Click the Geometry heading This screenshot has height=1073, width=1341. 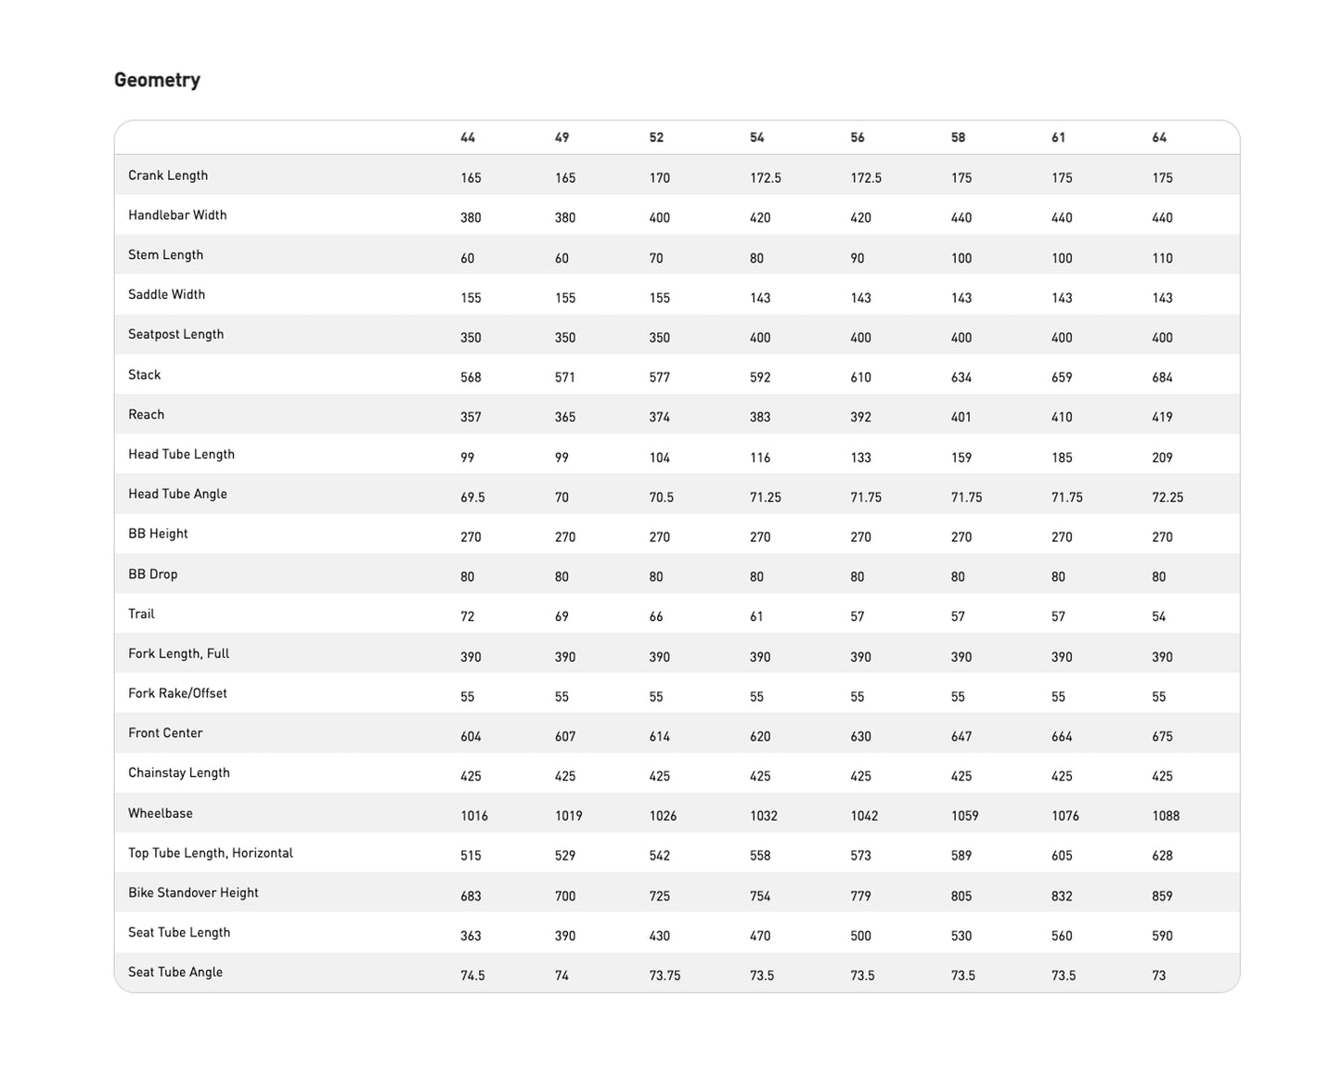point(157,80)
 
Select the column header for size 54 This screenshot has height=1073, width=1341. point(757,137)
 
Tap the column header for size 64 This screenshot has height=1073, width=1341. point(1159,137)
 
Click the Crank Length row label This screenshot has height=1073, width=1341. point(168,175)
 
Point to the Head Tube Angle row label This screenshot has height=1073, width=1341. point(177,494)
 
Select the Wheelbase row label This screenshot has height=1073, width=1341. point(161,813)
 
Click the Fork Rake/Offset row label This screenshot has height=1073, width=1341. point(177,693)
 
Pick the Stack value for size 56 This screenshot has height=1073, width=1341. point(860,378)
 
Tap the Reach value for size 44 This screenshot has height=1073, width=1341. point(471,418)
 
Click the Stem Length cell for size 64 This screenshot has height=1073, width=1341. point(1162,258)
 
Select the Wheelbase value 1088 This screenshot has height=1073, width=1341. point(1166,816)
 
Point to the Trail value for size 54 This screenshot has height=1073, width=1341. point(756,616)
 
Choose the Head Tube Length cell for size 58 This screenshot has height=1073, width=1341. point(961,458)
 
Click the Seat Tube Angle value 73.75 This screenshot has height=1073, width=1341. point(664,976)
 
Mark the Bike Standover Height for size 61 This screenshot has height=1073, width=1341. point(1062,896)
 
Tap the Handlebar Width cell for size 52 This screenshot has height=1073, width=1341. point(659,218)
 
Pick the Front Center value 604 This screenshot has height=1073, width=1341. point(471,736)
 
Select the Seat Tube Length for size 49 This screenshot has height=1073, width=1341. point(565,936)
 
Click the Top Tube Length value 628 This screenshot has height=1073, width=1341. point(1162,856)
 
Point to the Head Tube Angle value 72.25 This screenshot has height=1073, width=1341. point(1167,498)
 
